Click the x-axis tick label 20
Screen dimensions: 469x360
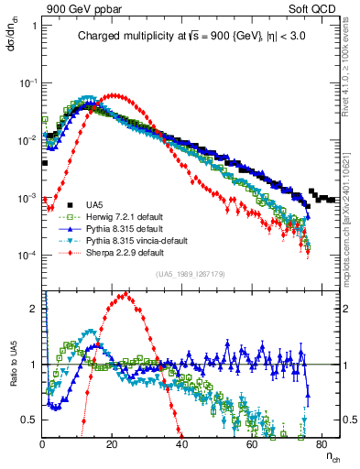point(112,444)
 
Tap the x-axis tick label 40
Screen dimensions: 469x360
point(182,444)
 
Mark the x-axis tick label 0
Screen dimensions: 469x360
point(43,444)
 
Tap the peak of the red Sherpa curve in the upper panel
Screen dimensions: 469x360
point(113,94)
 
